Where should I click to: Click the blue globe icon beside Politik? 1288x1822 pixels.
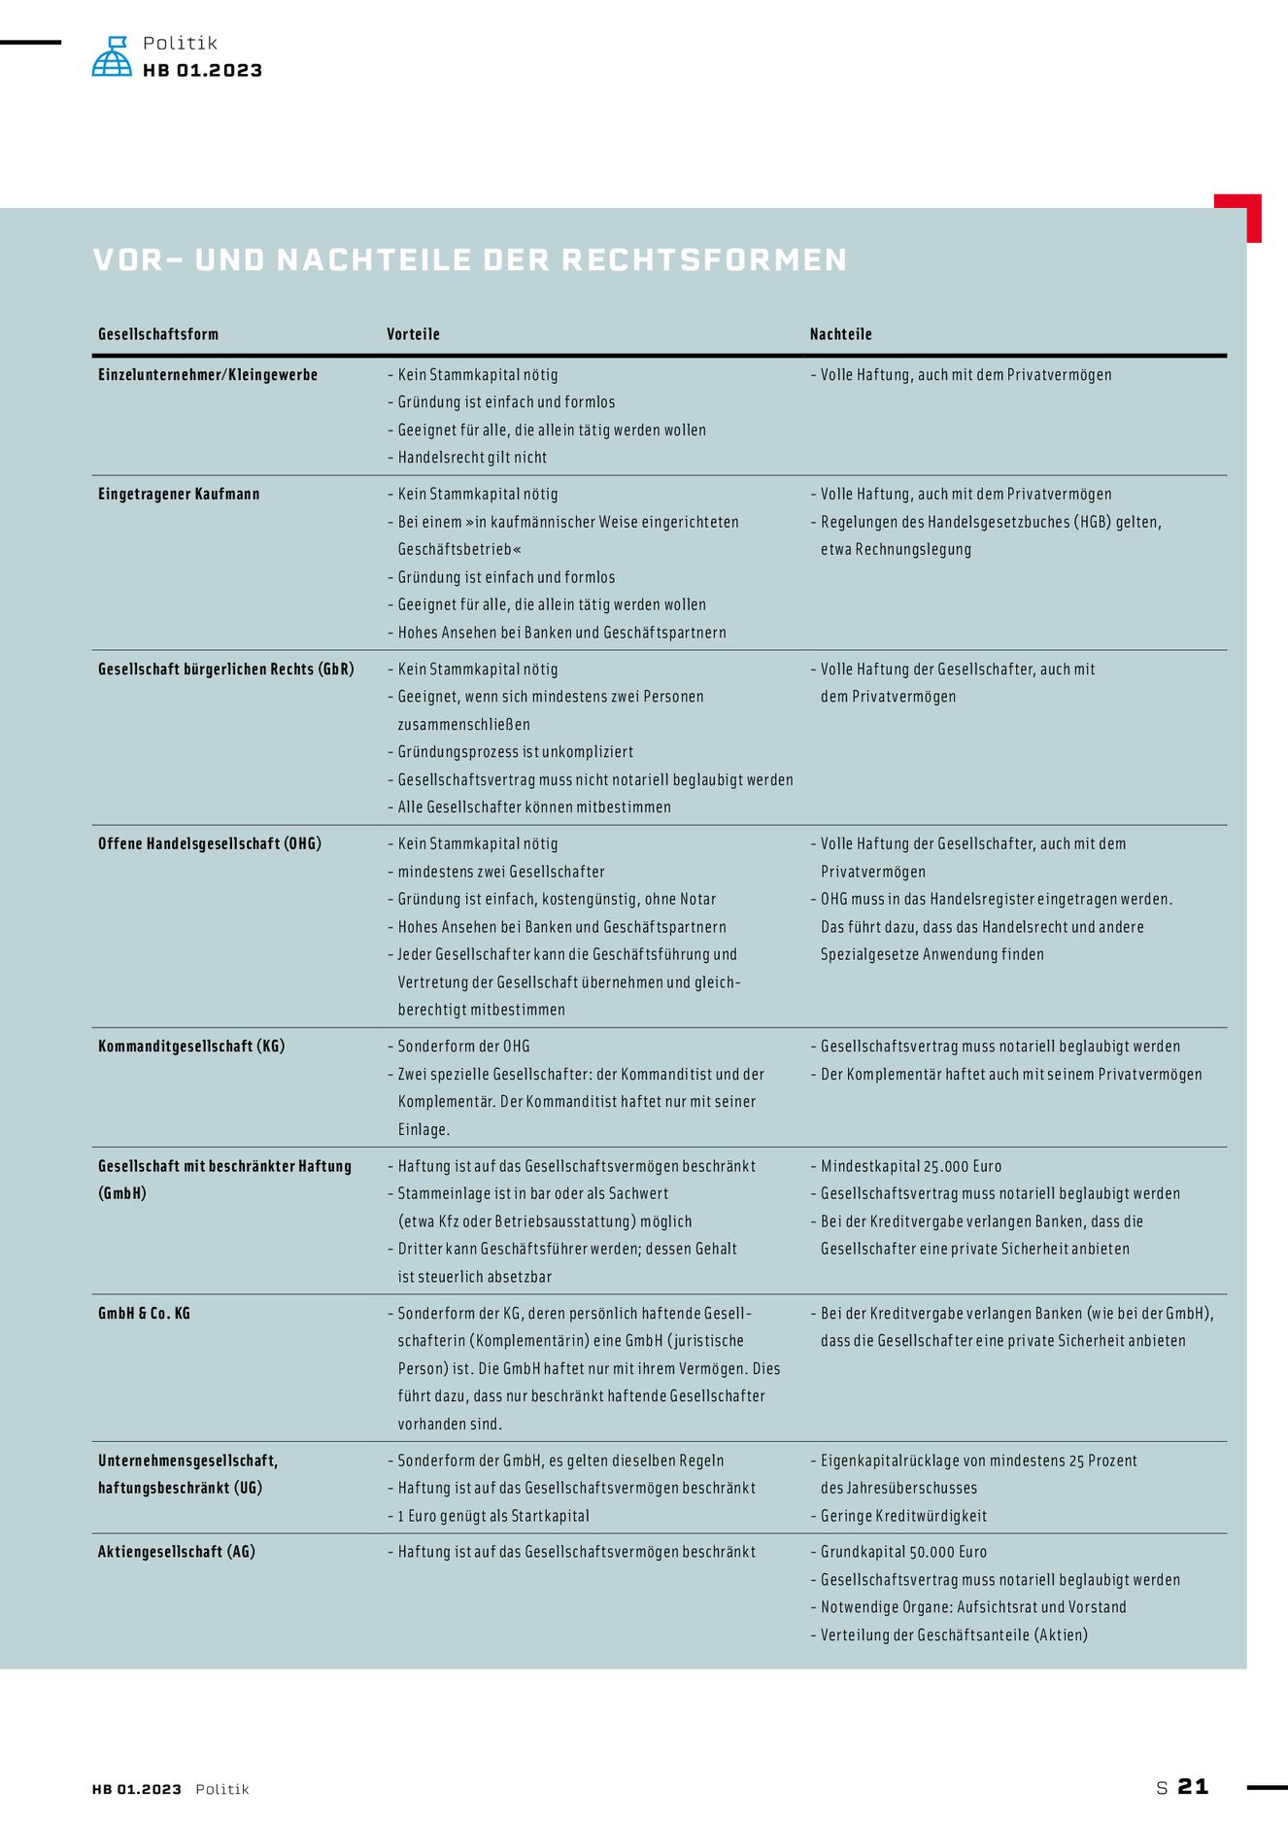tap(112, 56)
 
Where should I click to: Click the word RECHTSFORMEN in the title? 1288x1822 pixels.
tap(704, 259)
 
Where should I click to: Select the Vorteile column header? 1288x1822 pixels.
tap(413, 334)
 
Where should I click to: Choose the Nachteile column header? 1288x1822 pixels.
tap(840, 334)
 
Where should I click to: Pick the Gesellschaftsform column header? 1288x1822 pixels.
tap(158, 334)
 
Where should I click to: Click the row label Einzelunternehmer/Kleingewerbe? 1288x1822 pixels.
tap(208, 375)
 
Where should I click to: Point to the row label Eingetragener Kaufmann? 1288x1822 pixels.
tap(179, 495)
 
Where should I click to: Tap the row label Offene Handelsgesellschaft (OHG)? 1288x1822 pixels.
tap(210, 843)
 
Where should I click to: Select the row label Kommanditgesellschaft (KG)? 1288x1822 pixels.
tap(191, 1047)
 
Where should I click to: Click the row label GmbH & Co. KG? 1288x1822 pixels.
tap(144, 1314)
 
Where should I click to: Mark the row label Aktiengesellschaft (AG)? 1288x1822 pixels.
tap(177, 1552)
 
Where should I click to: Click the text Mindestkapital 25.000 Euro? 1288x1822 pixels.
tap(910, 1166)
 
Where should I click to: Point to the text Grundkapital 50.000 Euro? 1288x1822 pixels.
tap(903, 1552)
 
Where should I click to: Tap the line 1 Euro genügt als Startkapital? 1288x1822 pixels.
tap(492, 1516)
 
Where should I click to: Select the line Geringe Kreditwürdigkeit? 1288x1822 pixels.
tap(903, 1516)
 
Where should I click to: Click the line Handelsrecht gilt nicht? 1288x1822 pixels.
tap(472, 458)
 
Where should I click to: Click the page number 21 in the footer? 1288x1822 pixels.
tap(1193, 1787)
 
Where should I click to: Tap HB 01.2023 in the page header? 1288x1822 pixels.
tap(202, 70)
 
